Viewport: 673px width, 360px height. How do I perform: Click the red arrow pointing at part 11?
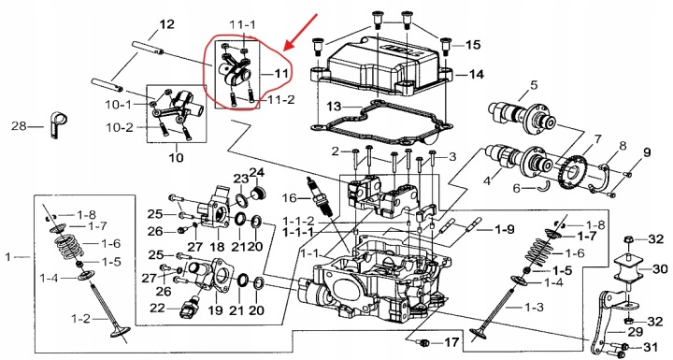(302, 31)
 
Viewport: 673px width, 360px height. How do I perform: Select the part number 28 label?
(19, 126)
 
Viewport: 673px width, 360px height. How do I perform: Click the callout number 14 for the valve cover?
(476, 74)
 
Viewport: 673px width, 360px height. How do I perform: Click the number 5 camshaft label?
(533, 85)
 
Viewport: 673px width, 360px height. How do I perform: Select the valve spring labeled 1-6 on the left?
(68, 248)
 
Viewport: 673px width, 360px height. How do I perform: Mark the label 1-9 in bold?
(505, 229)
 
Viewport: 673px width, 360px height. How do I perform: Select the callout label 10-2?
(120, 127)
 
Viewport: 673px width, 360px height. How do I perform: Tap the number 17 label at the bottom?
(451, 342)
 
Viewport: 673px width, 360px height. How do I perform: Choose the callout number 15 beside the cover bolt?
(473, 45)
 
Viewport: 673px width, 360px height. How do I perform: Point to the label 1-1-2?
(298, 222)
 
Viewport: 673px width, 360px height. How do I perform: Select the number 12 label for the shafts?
(167, 24)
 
